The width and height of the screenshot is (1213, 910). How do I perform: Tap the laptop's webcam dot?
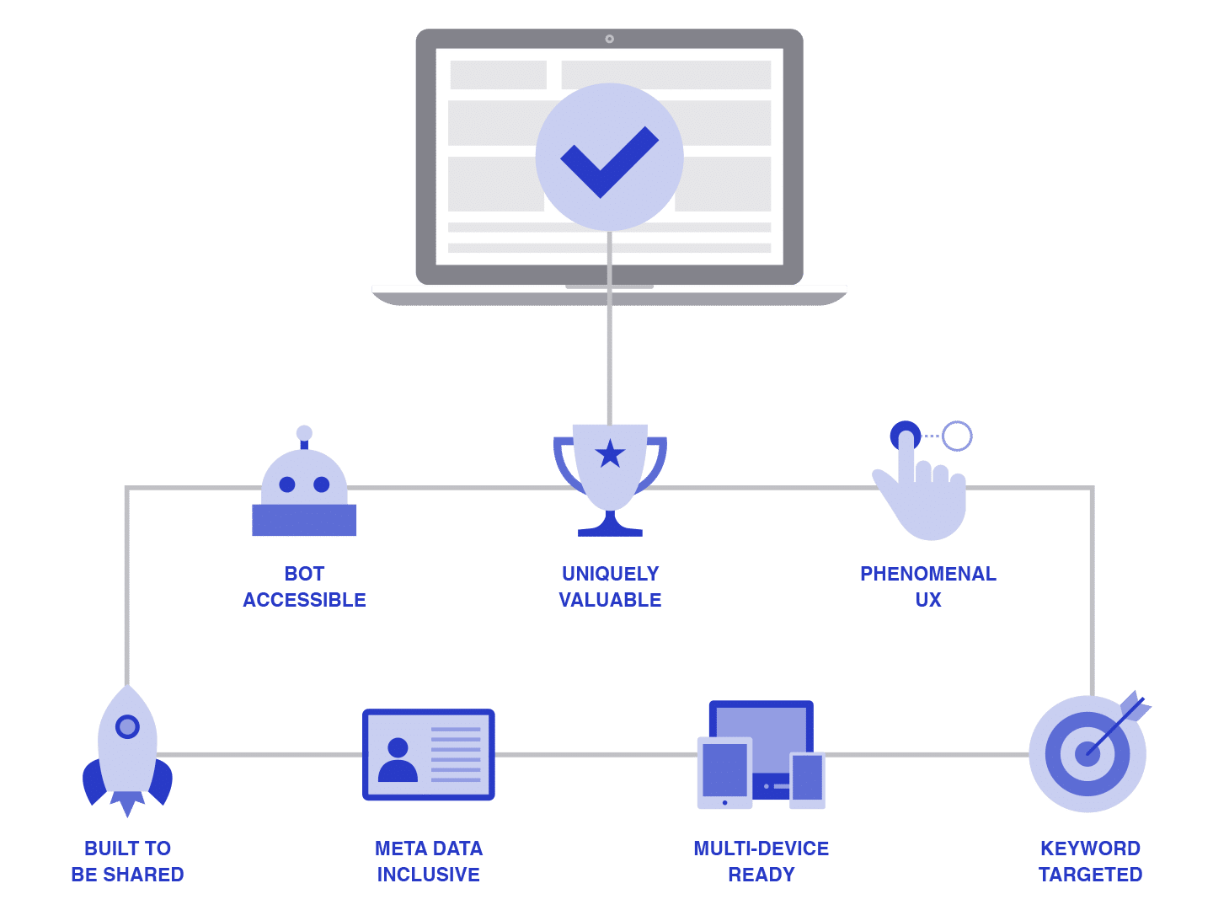tap(608, 39)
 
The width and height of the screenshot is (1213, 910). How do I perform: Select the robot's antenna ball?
tap(303, 432)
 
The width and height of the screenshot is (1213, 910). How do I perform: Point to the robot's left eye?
tap(286, 484)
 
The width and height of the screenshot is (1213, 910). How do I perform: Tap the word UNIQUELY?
tap(609, 573)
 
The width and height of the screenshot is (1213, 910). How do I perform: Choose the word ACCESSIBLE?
tap(303, 599)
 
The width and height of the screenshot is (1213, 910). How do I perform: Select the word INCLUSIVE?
tap(427, 874)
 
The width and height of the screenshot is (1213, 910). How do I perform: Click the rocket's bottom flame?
tap(127, 803)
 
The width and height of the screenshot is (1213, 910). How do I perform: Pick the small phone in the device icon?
tap(806, 779)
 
